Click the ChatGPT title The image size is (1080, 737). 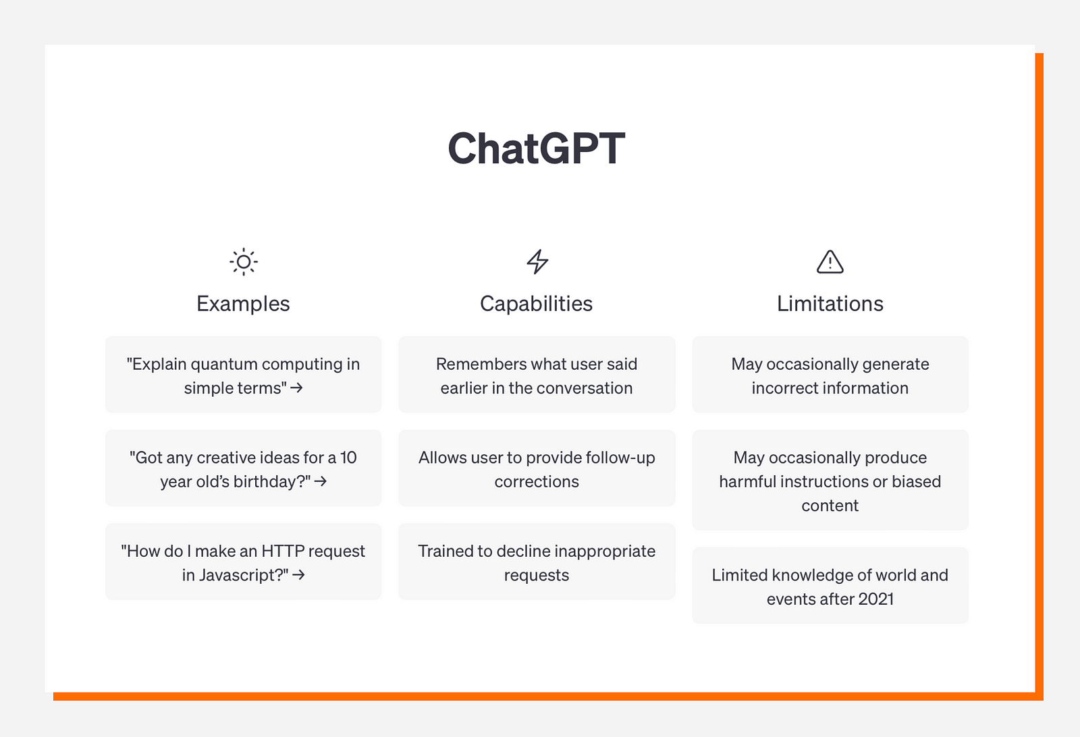(x=536, y=148)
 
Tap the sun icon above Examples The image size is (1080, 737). (x=244, y=262)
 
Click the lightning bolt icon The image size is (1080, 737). (x=537, y=262)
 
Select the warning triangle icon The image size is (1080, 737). (x=830, y=262)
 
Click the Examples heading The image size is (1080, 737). (x=243, y=304)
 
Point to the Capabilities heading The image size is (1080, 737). (x=536, y=304)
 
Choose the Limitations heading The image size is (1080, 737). (x=830, y=304)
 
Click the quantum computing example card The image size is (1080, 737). (x=244, y=375)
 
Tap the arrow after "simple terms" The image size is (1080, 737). (x=296, y=387)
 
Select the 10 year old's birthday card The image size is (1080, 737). (x=244, y=468)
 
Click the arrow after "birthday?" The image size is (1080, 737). (x=321, y=481)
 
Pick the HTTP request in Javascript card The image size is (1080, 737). (x=244, y=562)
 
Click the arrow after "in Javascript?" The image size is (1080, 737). (x=298, y=574)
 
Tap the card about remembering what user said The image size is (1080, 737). (x=537, y=375)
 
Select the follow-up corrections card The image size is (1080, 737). (x=537, y=468)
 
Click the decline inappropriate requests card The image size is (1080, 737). (x=537, y=562)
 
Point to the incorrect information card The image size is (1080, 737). (x=830, y=375)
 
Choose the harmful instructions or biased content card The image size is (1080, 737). (x=830, y=480)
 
